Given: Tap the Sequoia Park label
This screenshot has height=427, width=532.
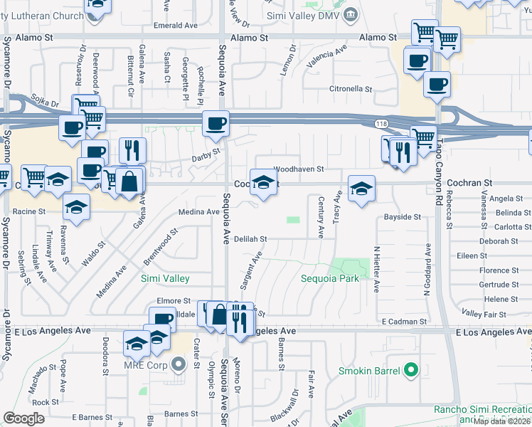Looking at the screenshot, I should click(329, 278).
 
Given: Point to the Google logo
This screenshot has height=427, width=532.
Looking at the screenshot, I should click(23, 418).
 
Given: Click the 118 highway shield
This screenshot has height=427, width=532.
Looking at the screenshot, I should click(381, 124).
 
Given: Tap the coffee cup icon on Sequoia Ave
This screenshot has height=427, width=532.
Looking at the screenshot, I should click(216, 124).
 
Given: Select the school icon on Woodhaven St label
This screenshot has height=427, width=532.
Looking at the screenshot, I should click(263, 182).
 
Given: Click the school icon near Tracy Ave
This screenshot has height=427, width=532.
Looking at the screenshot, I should click(361, 189).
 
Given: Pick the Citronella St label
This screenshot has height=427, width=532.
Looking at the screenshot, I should click(351, 90).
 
